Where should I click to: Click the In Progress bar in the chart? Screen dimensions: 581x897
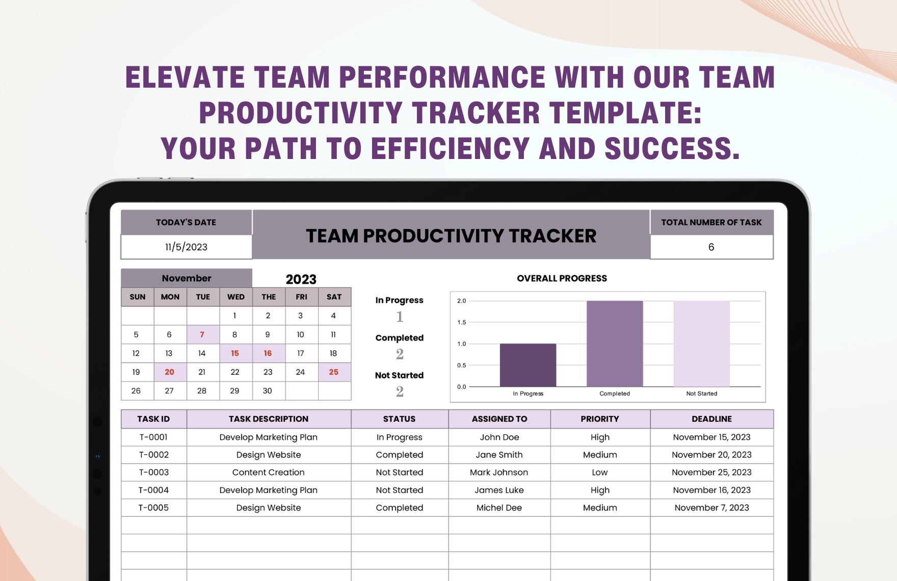click(527, 365)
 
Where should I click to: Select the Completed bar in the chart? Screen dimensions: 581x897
click(614, 344)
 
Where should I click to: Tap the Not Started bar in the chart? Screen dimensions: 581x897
click(701, 344)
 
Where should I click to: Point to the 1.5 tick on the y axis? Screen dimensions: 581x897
click(461, 322)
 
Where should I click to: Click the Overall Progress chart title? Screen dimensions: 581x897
click(562, 278)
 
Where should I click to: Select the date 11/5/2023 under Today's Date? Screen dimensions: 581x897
click(186, 247)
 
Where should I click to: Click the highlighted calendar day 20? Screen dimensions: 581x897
click(169, 372)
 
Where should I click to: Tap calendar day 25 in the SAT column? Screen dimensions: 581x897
click(334, 372)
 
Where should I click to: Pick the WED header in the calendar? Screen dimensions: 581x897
click(235, 297)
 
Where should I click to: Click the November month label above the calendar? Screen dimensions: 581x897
click(186, 278)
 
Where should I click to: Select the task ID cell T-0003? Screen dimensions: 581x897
click(153, 472)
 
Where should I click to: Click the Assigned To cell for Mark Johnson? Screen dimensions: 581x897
click(499, 472)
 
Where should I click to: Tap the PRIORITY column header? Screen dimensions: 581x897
click(599, 419)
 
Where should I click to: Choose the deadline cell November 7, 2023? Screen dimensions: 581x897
click(711, 508)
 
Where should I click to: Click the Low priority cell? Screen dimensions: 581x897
click(599, 472)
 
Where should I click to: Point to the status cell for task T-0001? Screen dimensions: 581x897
click(399, 437)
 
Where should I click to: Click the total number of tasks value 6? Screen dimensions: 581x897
click(711, 247)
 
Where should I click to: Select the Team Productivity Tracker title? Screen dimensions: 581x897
click(451, 236)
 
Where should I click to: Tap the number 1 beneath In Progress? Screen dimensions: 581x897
click(400, 317)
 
